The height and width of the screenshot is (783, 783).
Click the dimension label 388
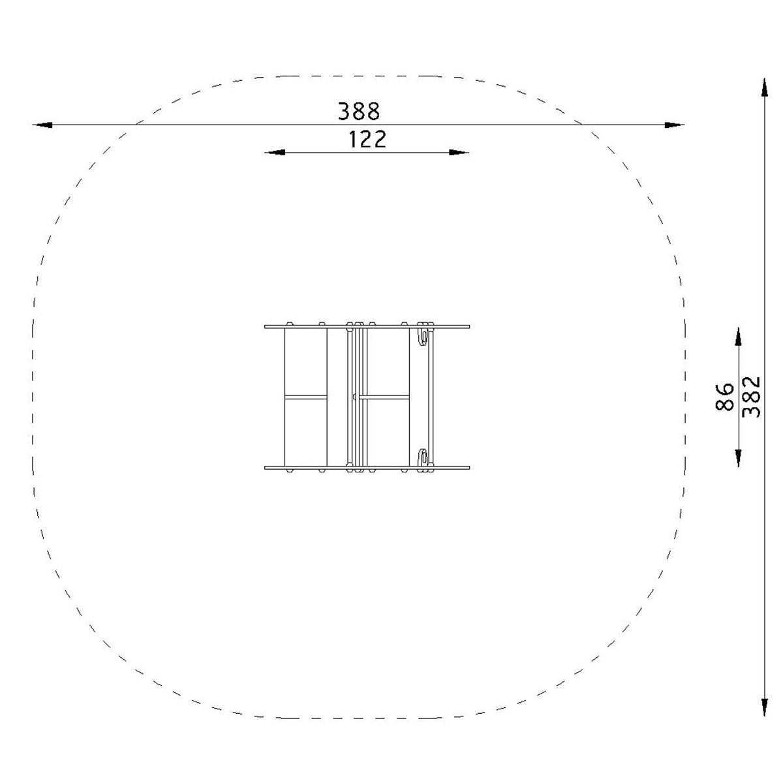359,111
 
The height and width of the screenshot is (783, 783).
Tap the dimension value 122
367,139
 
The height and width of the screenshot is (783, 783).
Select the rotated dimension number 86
724,397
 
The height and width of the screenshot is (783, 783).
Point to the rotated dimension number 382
750,397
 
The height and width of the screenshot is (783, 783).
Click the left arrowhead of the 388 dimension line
42,125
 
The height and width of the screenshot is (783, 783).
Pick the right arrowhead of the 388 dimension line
675,125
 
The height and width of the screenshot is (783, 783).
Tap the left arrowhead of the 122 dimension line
275,153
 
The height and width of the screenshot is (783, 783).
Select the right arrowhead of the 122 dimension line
459,153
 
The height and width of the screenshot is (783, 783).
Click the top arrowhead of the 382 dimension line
765,87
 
